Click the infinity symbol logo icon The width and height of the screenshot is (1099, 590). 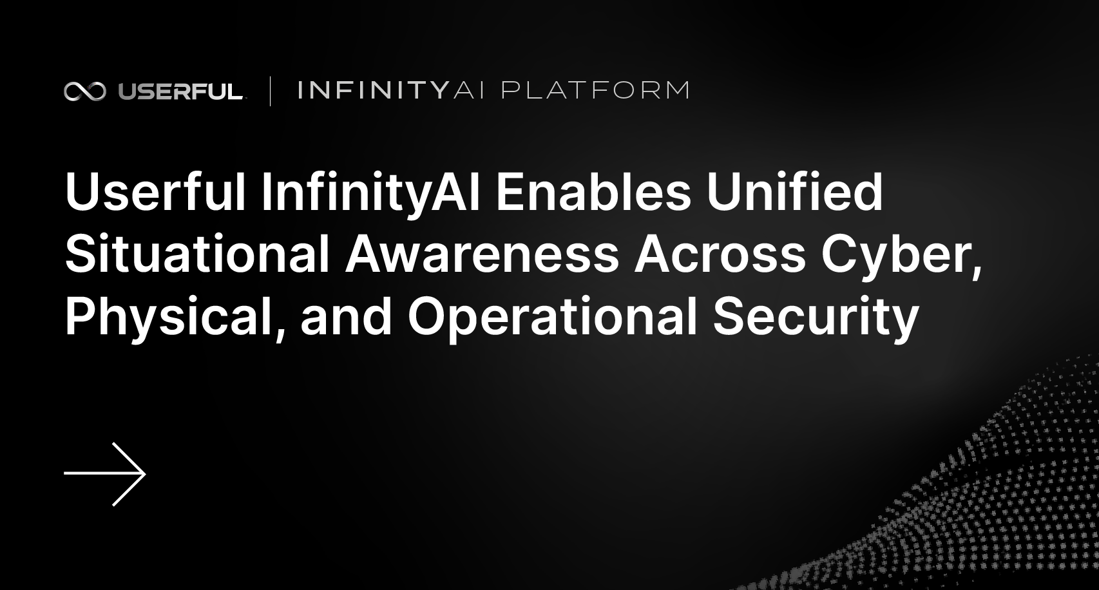(84, 91)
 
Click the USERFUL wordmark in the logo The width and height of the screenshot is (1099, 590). (180, 91)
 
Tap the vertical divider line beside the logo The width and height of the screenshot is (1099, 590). (270, 91)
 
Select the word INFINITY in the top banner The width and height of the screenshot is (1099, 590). (373, 90)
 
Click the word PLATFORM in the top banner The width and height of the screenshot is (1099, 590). (595, 90)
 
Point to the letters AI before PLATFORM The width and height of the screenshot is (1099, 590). (469, 90)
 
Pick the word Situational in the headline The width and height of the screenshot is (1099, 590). (197, 254)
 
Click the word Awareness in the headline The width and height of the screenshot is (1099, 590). (482, 254)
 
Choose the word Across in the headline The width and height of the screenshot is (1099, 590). (720, 254)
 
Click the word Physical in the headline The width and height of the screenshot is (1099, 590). (170, 317)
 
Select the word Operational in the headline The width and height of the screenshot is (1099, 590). (553, 317)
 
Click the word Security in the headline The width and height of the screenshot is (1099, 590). (816, 317)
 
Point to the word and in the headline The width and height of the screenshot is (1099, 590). (346, 317)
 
